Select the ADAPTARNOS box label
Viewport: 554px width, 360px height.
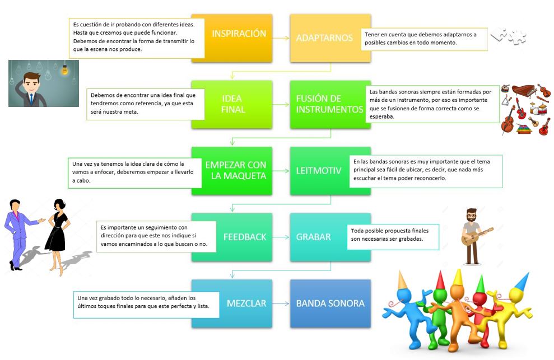pos(324,38)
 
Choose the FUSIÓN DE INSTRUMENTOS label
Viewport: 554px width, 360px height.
pos(329,104)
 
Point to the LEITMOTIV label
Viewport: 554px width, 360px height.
pos(319,171)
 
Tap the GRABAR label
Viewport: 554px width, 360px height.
pos(313,237)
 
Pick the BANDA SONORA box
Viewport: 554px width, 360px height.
pos(330,303)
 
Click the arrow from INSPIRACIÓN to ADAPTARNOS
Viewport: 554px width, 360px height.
pos(281,38)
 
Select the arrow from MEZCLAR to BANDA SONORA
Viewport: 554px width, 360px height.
pos(281,303)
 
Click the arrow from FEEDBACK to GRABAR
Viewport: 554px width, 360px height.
pos(281,237)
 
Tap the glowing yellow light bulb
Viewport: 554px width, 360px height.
pos(64,69)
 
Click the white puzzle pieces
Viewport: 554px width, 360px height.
pos(509,36)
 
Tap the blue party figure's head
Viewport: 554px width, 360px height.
pos(407,296)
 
